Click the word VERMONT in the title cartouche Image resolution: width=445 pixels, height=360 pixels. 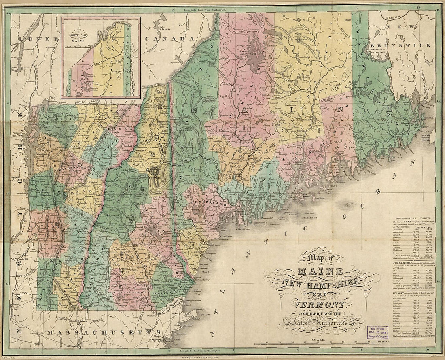[x=322, y=305]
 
